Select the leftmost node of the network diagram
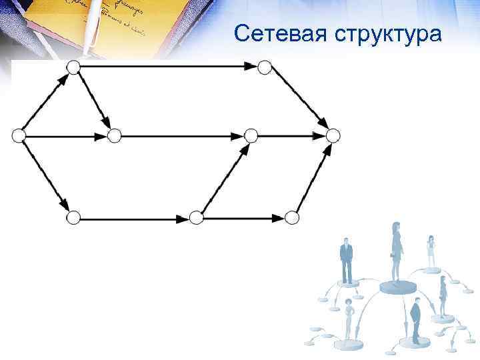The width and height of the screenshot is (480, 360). (19, 135)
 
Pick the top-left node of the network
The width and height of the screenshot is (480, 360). (74, 67)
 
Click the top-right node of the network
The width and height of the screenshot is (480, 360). (265, 67)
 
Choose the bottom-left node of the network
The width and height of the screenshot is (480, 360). (74, 217)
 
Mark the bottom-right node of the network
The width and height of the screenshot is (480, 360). (291, 217)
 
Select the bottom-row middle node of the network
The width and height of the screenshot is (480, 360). (195, 217)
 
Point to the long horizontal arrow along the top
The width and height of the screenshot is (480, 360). (167, 67)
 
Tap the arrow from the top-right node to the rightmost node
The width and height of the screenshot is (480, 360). (299, 101)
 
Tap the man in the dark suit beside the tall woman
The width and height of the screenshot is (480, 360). (346, 260)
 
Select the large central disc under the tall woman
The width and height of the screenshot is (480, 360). (397, 287)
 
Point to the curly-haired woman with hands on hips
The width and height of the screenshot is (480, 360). (348, 319)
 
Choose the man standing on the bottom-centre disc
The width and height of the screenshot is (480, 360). (415, 319)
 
